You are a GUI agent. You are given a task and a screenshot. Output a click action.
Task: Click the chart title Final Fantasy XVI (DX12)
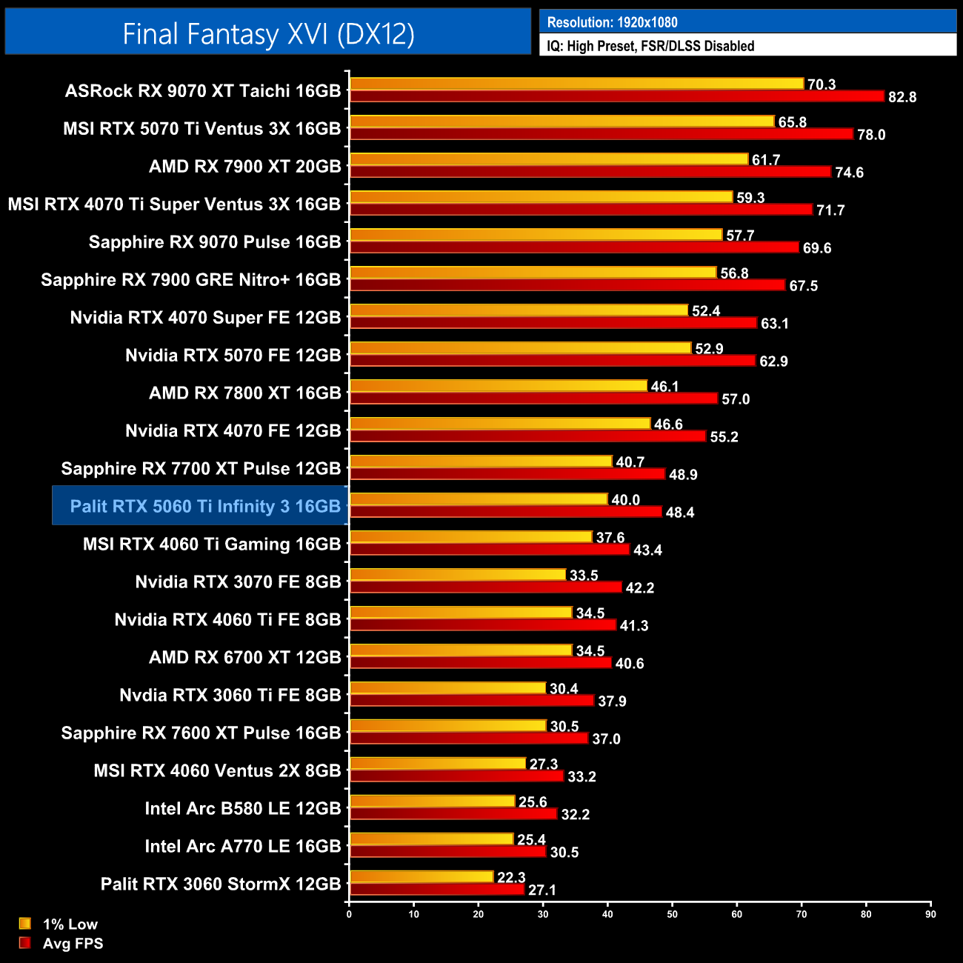[268, 34]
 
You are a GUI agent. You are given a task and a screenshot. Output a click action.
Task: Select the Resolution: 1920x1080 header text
[612, 22]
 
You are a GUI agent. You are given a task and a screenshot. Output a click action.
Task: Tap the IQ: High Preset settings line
[650, 46]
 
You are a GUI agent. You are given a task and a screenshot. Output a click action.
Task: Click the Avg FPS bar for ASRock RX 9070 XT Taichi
[617, 96]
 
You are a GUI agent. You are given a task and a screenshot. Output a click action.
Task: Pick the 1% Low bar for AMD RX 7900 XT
[549, 159]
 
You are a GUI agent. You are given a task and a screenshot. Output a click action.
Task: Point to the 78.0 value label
[871, 135]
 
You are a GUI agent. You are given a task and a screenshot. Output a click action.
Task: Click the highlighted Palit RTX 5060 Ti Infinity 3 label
[205, 506]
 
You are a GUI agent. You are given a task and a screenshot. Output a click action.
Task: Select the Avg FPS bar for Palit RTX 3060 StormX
[437, 889]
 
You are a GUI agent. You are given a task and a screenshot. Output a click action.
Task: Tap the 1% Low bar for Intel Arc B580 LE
[433, 802]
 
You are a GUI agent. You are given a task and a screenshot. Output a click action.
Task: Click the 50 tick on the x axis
[672, 914]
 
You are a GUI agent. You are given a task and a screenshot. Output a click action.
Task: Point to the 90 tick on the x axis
[930, 914]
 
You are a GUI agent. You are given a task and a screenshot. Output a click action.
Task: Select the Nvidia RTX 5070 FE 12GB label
[233, 355]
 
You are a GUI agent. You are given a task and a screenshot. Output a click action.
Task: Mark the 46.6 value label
[668, 424]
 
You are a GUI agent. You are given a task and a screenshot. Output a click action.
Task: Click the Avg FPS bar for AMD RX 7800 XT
[533, 399]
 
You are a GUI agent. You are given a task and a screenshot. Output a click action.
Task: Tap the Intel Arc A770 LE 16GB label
[242, 846]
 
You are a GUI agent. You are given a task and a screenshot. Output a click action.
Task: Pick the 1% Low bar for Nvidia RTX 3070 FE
[458, 575]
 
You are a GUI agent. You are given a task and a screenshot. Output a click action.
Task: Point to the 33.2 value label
[582, 776]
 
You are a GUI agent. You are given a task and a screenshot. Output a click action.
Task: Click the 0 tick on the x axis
[349, 914]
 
